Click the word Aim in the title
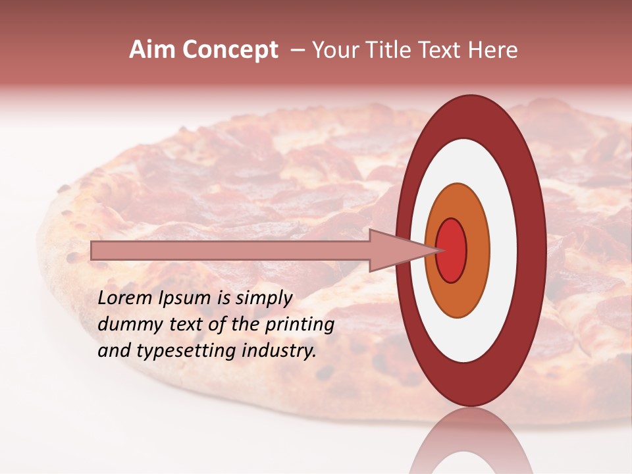(152, 50)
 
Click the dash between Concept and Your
(298, 51)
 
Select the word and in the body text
(113, 351)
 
